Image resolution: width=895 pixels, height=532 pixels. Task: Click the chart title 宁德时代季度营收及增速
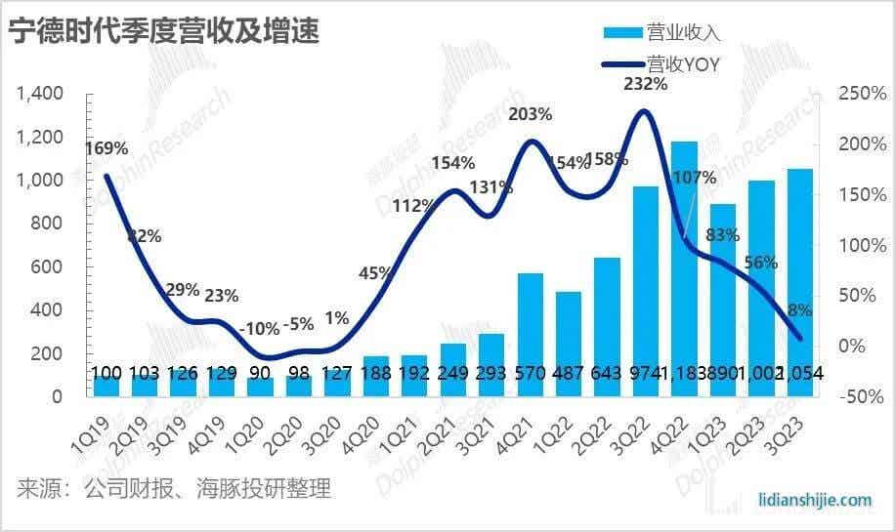(x=164, y=32)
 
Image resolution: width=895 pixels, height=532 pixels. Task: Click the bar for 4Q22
(x=684, y=264)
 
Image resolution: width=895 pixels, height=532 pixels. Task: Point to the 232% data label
(x=646, y=85)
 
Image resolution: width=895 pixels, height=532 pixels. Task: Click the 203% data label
(x=531, y=114)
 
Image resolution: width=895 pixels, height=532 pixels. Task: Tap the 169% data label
(x=107, y=149)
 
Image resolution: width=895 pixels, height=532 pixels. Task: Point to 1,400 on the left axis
(x=40, y=94)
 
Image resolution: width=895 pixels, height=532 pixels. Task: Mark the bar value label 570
(x=531, y=374)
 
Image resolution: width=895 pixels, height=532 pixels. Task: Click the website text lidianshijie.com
(x=815, y=500)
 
